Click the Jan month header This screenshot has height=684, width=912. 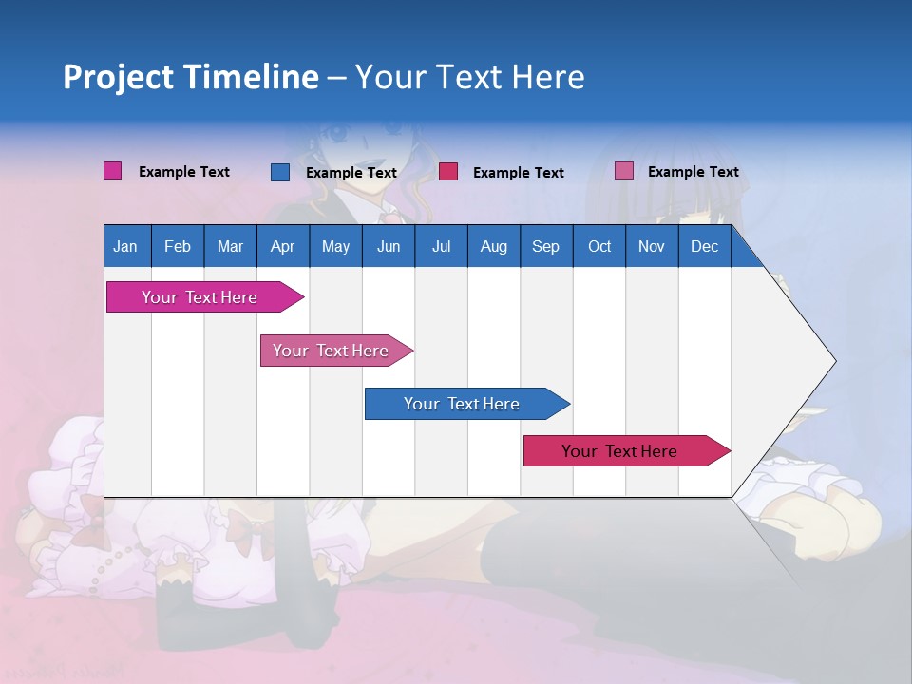click(126, 246)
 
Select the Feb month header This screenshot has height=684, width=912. click(178, 246)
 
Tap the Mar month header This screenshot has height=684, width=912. click(230, 246)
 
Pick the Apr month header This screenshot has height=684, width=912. click(282, 246)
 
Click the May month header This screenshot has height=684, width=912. click(335, 246)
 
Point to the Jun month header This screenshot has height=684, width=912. click(388, 246)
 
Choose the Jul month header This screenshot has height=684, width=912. click(441, 246)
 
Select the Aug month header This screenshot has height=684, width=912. click(493, 246)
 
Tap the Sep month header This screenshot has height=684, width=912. click(545, 246)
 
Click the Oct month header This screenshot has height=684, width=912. click(598, 246)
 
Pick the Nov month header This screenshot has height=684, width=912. click(651, 246)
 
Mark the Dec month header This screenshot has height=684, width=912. click(704, 246)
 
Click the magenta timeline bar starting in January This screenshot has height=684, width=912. click(199, 297)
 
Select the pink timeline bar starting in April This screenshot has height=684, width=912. click(331, 351)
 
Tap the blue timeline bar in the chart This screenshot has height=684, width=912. click(462, 404)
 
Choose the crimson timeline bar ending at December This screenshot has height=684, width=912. click(619, 451)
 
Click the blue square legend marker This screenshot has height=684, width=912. click(280, 172)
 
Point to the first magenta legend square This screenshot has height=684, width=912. click(113, 171)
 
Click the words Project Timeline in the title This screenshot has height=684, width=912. click(191, 77)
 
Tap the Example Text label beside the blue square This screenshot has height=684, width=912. click(351, 173)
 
